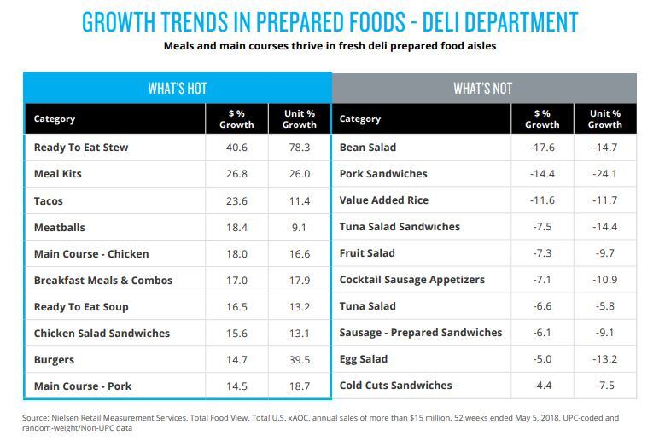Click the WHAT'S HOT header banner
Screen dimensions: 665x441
pos(178,88)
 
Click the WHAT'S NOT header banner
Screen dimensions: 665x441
pos(484,88)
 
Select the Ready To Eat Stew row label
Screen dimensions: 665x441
pos(81,148)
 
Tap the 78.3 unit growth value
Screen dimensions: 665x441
pos(300,148)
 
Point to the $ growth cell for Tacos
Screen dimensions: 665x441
pos(236,200)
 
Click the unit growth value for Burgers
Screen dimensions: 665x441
pos(300,360)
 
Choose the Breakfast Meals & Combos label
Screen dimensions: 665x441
pos(103,281)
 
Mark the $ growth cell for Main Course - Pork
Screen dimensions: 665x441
pos(236,386)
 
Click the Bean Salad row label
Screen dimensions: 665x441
pos(368,148)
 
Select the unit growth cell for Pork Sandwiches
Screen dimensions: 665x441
pos(604,174)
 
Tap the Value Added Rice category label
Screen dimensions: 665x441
pos(384,200)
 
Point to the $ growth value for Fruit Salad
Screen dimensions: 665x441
pos(542,253)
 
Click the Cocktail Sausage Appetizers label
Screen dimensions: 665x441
pos(411,280)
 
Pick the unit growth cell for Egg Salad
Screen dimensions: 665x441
pos(604,359)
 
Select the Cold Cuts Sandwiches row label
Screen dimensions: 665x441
pos(396,386)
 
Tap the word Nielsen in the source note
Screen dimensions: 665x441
pos(66,418)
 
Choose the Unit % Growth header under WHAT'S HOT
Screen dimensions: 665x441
pos(300,119)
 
